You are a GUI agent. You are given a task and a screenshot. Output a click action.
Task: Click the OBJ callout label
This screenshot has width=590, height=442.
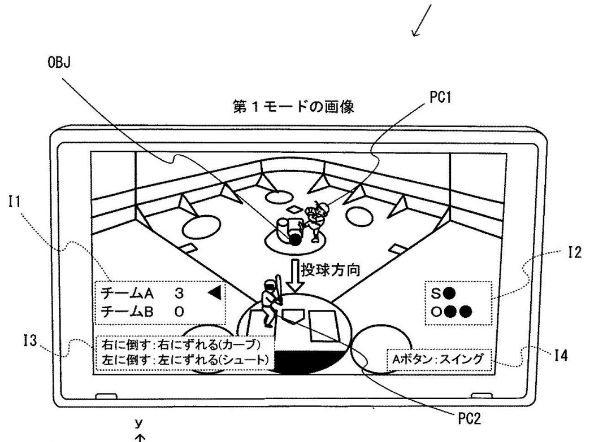[x=59, y=63]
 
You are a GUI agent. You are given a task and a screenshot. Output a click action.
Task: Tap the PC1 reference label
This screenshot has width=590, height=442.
[x=440, y=98]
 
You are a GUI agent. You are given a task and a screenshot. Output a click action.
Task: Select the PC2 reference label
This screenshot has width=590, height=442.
[x=469, y=418]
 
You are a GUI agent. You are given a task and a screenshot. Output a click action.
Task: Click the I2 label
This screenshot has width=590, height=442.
[x=575, y=252]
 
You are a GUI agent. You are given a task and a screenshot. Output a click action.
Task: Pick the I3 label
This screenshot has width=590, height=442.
[x=29, y=341]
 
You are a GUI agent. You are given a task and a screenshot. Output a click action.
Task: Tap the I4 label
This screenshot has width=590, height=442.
[x=561, y=355]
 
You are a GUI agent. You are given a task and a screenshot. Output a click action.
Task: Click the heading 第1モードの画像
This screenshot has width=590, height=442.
[x=293, y=107]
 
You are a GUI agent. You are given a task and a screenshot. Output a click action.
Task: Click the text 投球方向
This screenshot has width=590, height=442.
[x=331, y=270]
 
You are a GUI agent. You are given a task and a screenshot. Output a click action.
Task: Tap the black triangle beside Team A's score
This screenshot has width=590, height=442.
[x=215, y=293]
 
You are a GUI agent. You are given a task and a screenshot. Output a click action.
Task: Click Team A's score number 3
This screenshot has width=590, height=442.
[x=179, y=293]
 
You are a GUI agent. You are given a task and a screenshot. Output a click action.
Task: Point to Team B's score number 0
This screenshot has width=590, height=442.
[x=179, y=312]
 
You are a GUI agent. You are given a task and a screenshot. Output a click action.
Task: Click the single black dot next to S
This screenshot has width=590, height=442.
[x=450, y=293]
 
